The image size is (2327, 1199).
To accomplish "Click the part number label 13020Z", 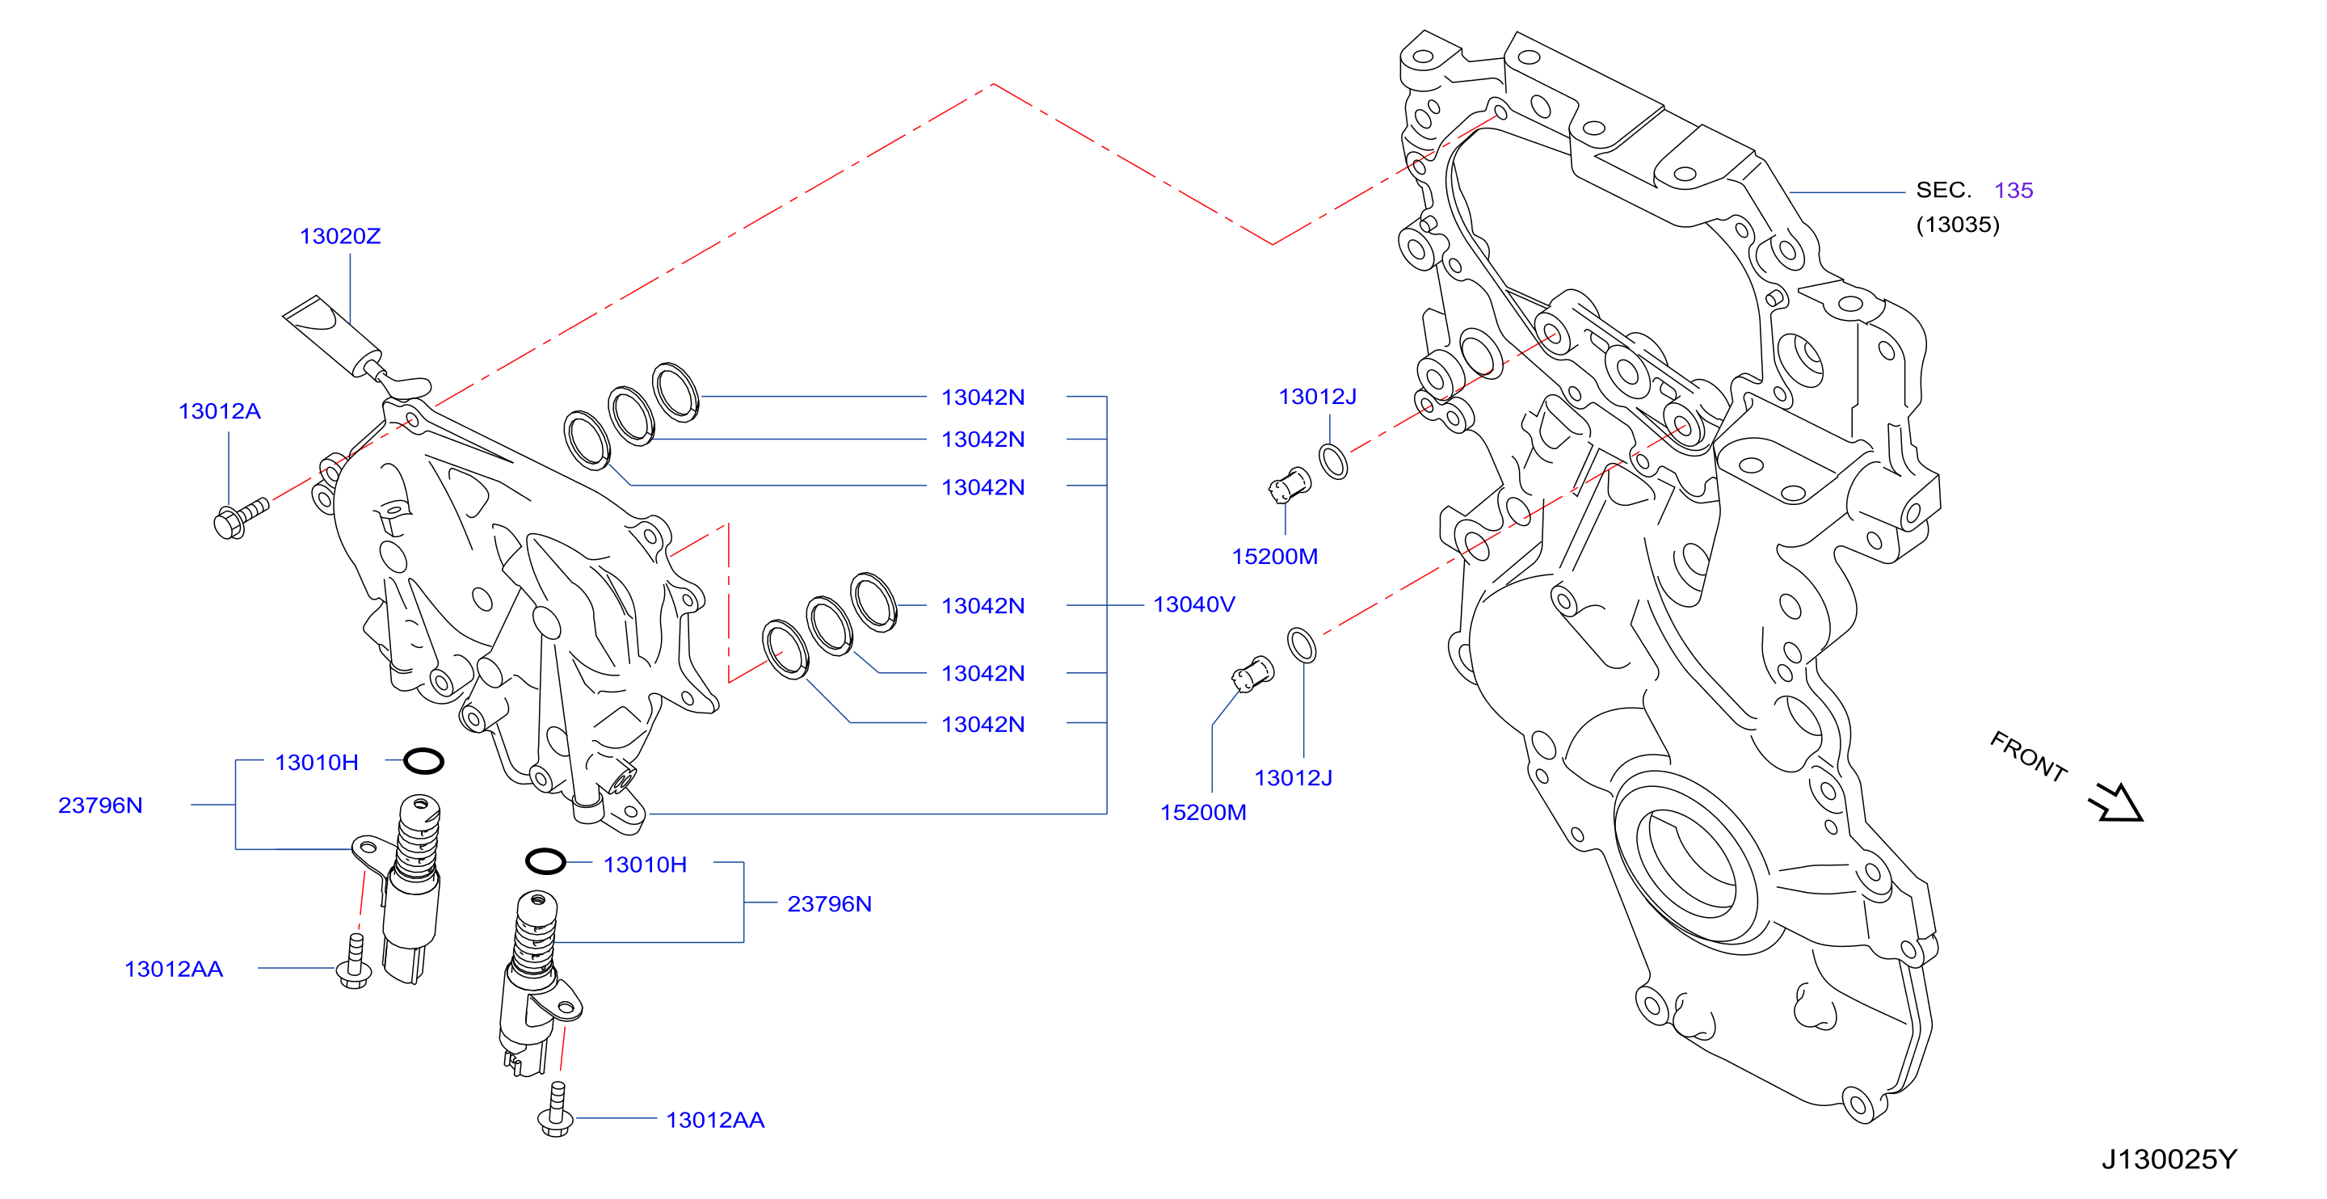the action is pos(339,236).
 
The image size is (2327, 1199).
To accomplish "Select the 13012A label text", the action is pos(220,411).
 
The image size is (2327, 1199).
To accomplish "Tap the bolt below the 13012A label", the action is pos(240,519).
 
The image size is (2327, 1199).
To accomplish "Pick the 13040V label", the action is pos(1193,604).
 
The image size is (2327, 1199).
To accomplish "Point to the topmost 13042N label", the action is pos(983,397).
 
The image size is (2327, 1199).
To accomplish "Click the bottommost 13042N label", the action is pos(983,724).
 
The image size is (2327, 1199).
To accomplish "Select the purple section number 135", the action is pos(2014,190).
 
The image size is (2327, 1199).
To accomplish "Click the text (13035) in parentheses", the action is pos(1958,224).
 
